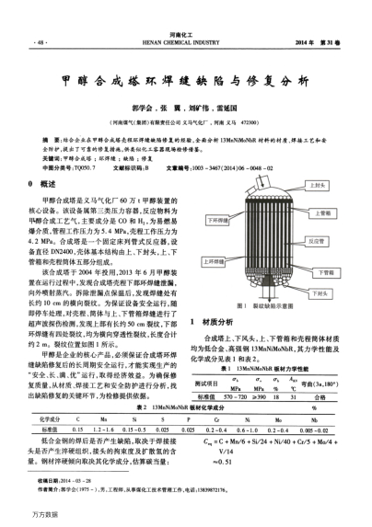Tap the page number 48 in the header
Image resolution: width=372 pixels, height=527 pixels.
click(40, 43)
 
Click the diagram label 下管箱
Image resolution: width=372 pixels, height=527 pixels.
click(324, 272)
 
